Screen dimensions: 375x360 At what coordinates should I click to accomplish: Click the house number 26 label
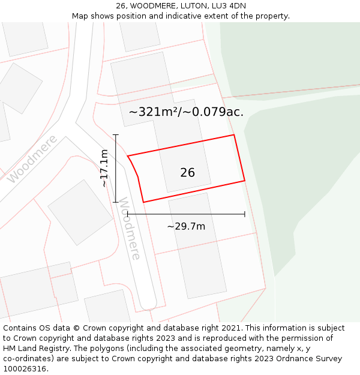pos(187,173)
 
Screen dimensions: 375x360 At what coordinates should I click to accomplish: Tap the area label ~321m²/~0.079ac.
pos(186,112)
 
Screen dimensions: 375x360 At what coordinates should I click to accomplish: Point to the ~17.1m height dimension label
pos(104,169)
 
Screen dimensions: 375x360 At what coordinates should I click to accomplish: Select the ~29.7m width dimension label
pos(186,226)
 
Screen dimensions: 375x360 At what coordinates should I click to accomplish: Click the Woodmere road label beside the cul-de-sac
pos(129,229)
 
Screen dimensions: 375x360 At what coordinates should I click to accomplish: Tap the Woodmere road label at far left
pos(32,158)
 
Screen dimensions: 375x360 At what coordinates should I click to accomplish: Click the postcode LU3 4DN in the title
pos(229,6)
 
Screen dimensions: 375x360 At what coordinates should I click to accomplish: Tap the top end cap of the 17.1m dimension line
pos(116,135)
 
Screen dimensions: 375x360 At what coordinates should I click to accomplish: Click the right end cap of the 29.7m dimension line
pos(245,214)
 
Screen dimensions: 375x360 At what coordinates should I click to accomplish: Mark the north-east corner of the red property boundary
pos(233,135)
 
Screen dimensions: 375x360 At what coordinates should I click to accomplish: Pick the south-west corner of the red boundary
pos(143,202)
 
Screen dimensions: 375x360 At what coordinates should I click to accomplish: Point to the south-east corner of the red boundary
pos(245,180)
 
